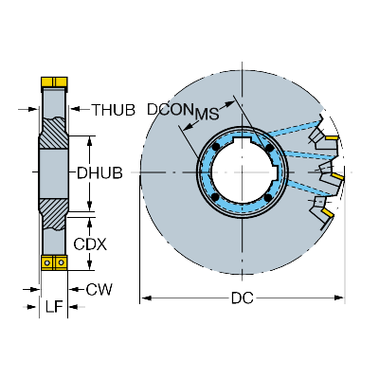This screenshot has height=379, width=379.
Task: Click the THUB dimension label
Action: pos(114,110)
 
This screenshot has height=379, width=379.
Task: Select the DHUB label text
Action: pos(99,173)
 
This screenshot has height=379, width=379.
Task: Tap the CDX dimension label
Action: pos(90,244)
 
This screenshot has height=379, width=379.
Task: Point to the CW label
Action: pos(99,290)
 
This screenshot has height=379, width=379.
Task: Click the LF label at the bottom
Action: pos(54,306)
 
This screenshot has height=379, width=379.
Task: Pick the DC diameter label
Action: pos(243,298)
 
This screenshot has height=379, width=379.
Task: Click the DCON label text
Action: pos(171,110)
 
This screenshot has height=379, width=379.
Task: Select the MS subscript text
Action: pos(207,115)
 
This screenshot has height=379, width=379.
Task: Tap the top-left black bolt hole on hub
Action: pos(216,147)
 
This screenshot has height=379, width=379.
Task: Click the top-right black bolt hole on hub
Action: pos(269,148)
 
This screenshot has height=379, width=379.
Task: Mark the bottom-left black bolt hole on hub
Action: pos(215,197)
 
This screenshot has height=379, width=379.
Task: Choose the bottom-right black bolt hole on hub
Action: pos(268,198)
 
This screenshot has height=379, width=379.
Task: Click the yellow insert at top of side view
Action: pos(54,82)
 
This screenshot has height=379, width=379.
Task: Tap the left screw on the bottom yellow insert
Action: pos(47,262)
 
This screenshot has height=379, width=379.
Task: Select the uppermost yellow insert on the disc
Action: pos(332,137)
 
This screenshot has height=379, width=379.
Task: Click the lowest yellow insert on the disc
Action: pos(328,212)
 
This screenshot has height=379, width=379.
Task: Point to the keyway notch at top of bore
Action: pos(242,139)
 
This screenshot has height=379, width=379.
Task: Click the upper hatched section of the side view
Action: pos(54,134)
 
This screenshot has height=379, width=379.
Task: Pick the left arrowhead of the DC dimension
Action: pos(146,298)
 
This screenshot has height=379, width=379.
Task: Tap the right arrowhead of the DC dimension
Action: pos(338,298)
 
